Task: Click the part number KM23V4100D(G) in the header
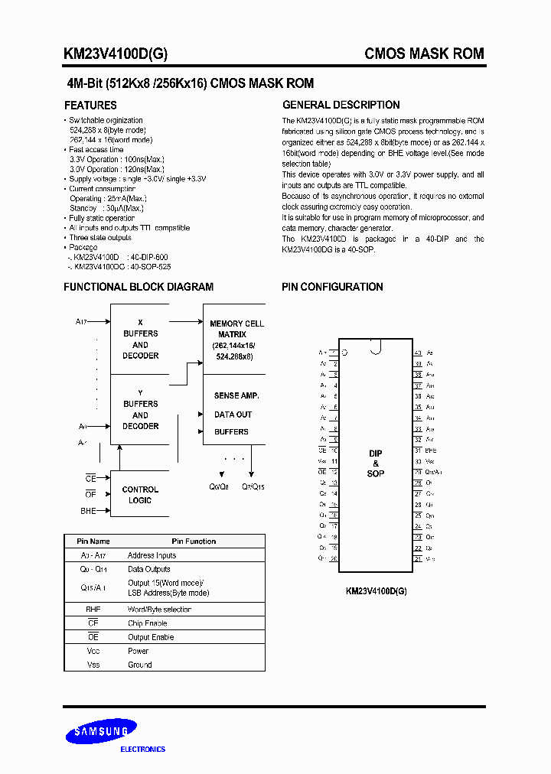pos(116,54)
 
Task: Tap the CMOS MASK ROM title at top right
pos(424,54)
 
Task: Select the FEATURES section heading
pos(90,106)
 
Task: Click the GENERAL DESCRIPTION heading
pos(341,106)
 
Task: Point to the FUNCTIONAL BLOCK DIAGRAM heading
pos(139,287)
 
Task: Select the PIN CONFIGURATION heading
pos(332,287)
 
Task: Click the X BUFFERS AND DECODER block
pos(141,339)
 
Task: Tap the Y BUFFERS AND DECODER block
pos(141,409)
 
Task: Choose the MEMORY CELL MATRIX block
pos(236,340)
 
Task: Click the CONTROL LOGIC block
pos(140,495)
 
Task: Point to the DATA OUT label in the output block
pos(233,415)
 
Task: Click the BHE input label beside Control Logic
pos(89,510)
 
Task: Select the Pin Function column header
pos(194,541)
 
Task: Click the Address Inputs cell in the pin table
pos(152,555)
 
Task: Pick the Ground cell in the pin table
pos(140,665)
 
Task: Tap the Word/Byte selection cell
pos(159,610)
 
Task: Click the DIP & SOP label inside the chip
pos(375,463)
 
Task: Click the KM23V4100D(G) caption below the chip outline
pos(376,590)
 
